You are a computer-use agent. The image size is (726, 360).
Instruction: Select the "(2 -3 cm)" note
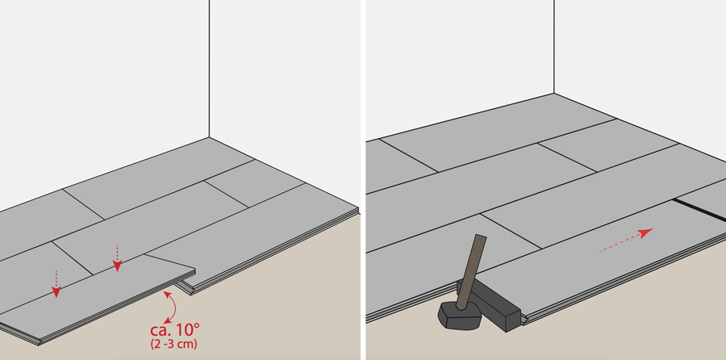tap(173, 345)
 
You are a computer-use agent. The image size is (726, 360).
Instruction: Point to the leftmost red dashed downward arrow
tap(56, 283)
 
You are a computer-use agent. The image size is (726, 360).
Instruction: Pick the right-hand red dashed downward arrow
tap(117, 257)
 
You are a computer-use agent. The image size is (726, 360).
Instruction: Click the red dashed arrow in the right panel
tap(626, 240)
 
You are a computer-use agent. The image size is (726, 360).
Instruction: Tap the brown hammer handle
tap(471, 271)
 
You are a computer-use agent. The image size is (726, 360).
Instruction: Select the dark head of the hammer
tap(459, 316)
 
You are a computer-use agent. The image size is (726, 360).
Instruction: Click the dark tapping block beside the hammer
tap(490, 304)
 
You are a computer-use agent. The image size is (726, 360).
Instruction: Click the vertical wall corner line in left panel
tap(209, 69)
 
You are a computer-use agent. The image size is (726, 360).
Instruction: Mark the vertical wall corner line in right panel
tap(554, 47)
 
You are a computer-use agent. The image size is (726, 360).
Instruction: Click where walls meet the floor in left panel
tap(209, 137)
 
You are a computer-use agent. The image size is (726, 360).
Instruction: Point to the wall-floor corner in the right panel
tap(554, 94)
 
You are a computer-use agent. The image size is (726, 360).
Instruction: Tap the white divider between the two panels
tap(363, 180)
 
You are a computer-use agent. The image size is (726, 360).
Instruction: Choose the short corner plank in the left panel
tap(254, 183)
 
